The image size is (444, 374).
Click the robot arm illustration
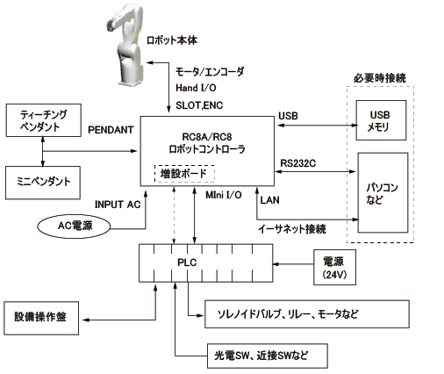pyautogui.click(x=125, y=46)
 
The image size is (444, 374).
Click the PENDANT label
pyautogui.click(x=111, y=130)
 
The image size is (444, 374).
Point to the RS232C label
pyautogui.click(x=298, y=163)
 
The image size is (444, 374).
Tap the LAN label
pyautogui.click(x=269, y=200)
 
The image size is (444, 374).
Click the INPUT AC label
pyautogui.click(x=118, y=205)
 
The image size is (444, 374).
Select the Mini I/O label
pyautogui.click(x=224, y=195)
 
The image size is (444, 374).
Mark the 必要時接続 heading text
pyautogui.click(x=380, y=78)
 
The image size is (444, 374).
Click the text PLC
pyautogui.click(x=187, y=263)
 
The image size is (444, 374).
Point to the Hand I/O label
pyautogui.click(x=196, y=88)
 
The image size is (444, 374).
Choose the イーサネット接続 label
pyautogui.click(x=292, y=228)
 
